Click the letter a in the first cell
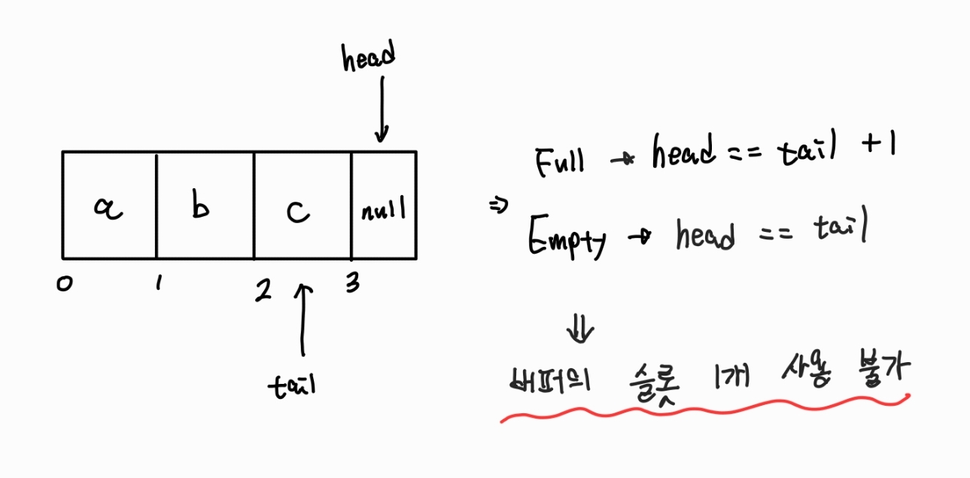point(108,210)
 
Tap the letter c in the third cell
point(298,212)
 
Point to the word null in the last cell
point(384,209)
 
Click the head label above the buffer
point(369,58)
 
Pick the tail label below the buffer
point(293,385)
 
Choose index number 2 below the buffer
point(263,290)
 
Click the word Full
point(560,161)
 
